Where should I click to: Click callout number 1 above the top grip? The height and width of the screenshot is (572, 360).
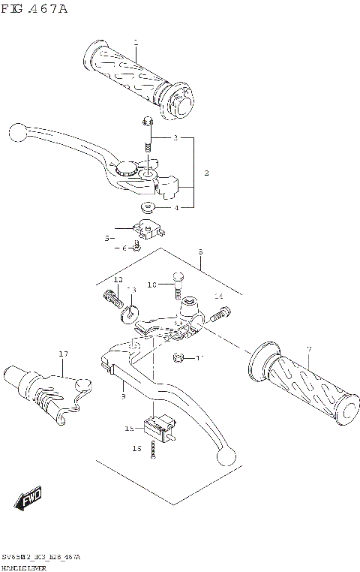click(x=136, y=42)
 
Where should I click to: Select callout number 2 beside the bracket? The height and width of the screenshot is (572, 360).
click(x=206, y=173)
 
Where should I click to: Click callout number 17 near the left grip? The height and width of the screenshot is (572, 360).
click(x=64, y=354)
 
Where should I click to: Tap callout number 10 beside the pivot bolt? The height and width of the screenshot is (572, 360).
click(x=151, y=285)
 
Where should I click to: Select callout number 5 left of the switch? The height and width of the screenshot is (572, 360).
click(x=108, y=238)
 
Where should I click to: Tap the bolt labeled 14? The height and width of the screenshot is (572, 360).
click(x=215, y=318)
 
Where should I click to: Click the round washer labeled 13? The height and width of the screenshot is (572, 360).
click(x=129, y=311)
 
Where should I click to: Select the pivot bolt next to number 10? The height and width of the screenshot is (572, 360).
click(x=177, y=284)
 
